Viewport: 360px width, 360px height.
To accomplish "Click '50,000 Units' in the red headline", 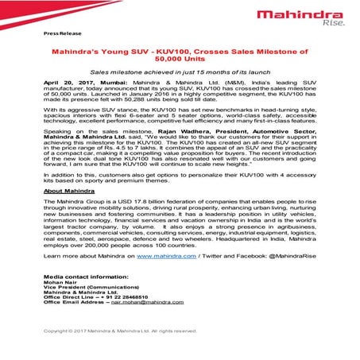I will [x=180, y=59].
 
